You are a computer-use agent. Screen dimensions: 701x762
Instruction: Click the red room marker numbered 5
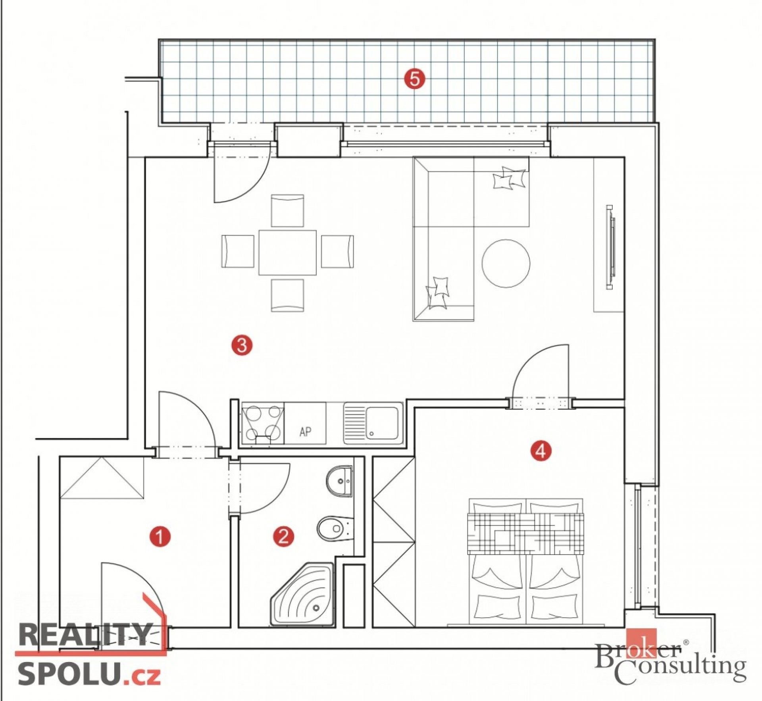(x=414, y=79)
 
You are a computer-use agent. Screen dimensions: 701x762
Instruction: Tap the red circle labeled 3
(x=242, y=345)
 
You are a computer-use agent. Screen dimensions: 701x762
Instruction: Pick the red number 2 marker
(x=283, y=537)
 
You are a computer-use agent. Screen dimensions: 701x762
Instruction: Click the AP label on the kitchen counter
(x=305, y=431)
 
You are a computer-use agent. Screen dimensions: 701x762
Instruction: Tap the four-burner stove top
(x=263, y=423)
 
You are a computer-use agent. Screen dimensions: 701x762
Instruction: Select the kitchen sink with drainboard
(x=373, y=423)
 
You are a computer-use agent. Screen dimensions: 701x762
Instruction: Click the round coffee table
(x=506, y=263)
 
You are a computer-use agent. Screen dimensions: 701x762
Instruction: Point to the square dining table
(x=287, y=252)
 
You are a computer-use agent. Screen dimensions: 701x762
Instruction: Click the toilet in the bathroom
(x=335, y=528)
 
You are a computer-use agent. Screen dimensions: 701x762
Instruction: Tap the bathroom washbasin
(x=339, y=481)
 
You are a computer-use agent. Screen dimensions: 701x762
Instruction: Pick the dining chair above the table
(x=287, y=210)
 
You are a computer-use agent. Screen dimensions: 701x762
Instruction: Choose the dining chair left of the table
(x=237, y=251)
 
